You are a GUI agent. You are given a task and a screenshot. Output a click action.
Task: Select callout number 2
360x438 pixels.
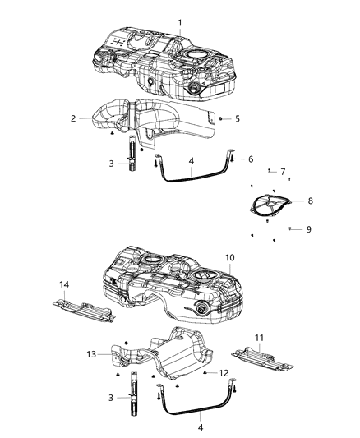(x=73, y=118)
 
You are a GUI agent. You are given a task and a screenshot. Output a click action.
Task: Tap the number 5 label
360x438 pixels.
(x=237, y=118)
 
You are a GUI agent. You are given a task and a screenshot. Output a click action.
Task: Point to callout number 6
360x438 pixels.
(x=251, y=159)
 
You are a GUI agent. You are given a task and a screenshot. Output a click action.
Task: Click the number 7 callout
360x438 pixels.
(x=283, y=172)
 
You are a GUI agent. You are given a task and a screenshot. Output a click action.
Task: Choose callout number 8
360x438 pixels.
(x=310, y=200)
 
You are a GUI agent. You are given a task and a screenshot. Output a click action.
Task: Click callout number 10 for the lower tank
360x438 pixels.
(x=231, y=257)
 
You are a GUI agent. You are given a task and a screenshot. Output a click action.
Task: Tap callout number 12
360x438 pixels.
(x=223, y=373)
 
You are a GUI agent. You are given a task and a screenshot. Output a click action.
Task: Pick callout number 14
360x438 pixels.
(x=64, y=284)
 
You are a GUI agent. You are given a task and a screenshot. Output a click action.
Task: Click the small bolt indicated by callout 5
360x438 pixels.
(x=220, y=118)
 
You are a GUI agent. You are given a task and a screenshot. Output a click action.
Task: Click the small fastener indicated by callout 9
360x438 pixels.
(x=290, y=228)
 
